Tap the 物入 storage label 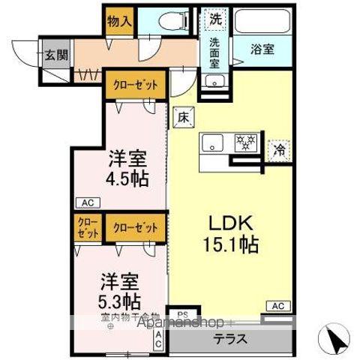tap(118, 20)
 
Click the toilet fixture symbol tap(175, 22)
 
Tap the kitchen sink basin tap(212, 141)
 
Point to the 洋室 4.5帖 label tap(126, 169)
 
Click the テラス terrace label tap(231, 337)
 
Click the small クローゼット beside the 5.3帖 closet tap(88, 228)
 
